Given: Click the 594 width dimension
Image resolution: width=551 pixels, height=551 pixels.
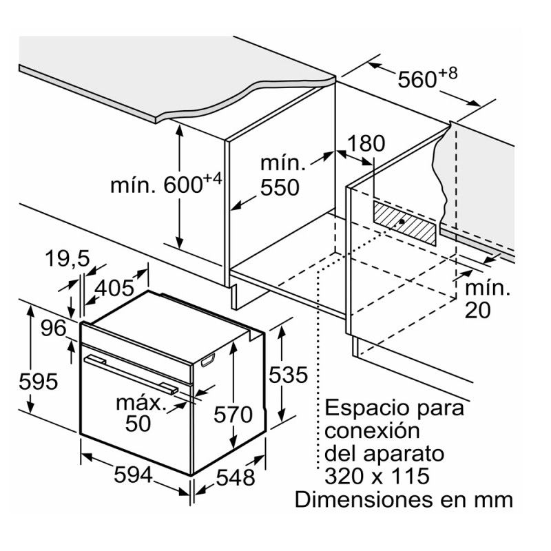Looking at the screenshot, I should coord(134,475).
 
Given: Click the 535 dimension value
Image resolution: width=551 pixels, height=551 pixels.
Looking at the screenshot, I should coord(287,375).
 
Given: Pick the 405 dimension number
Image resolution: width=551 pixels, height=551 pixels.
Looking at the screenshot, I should coord(115,289).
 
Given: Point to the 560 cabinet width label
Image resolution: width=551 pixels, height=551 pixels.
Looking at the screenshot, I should coord(419,80).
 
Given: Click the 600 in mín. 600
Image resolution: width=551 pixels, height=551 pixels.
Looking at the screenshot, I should coord(183,185).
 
